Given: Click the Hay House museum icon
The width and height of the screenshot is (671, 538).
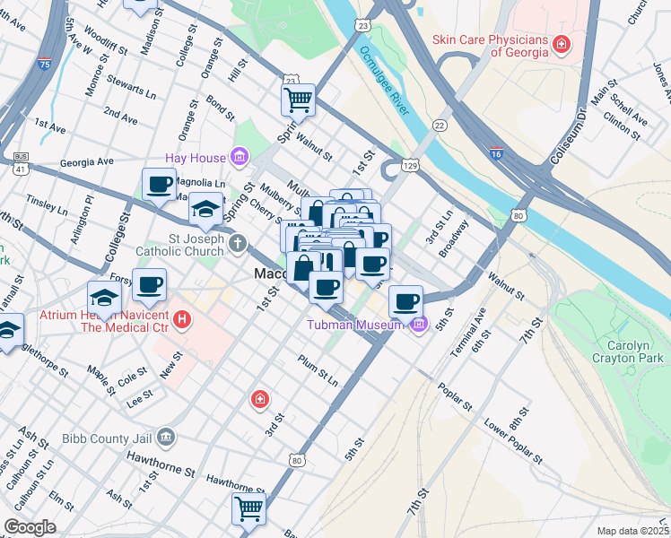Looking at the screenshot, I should (x=239, y=158).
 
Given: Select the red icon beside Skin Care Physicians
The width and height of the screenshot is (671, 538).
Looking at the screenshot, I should (x=561, y=43).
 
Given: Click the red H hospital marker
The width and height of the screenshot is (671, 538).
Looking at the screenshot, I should (x=182, y=319).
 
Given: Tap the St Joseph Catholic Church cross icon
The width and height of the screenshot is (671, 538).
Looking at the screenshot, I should (x=237, y=243).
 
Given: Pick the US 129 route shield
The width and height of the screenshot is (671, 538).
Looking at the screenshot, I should (x=410, y=166).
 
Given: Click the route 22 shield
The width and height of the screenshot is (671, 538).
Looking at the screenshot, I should (x=440, y=125).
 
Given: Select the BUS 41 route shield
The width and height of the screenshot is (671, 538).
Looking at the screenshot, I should (x=19, y=162).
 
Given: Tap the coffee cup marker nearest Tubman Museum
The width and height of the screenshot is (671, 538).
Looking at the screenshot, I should (x=405, y=300).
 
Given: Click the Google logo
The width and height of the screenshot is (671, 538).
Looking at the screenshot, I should (x=30, y=527).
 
